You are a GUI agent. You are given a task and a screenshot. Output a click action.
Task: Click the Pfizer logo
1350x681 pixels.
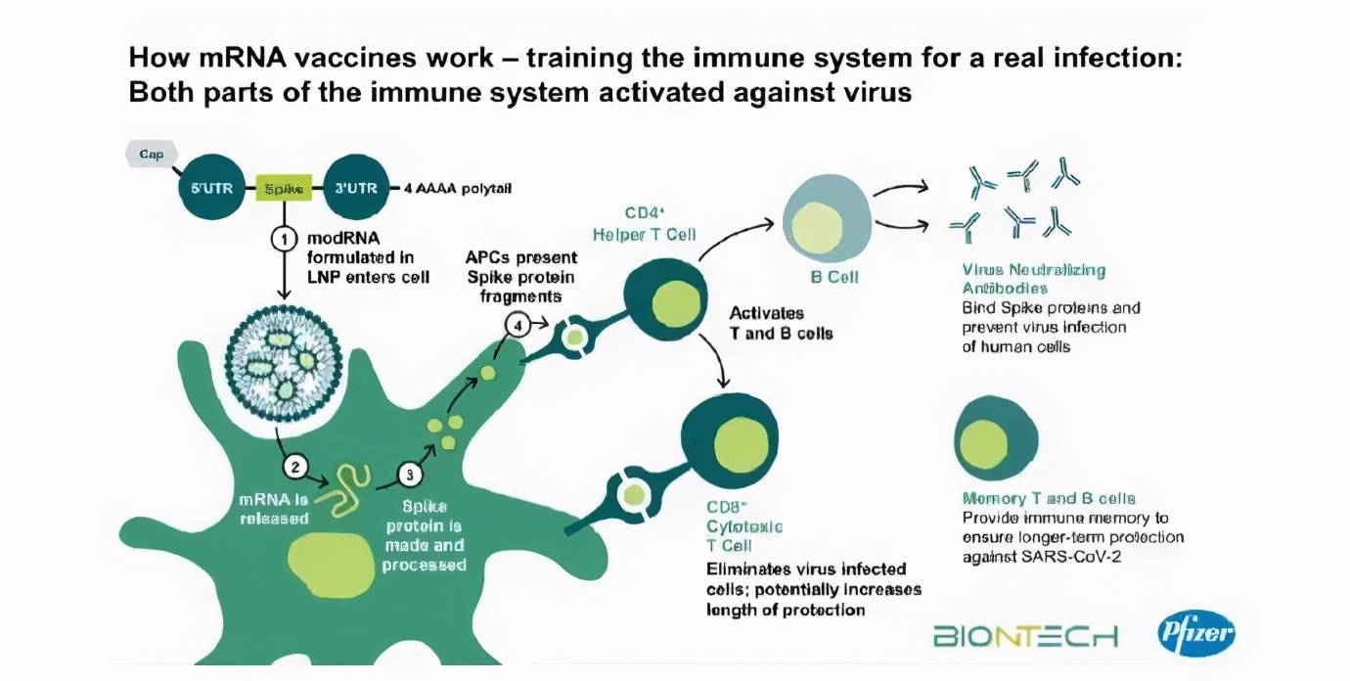tap(1195, 633)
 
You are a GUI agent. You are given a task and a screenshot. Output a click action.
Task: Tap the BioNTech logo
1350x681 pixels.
tap(1025, 637)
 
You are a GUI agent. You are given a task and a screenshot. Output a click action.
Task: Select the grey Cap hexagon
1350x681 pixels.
tap(151, 154)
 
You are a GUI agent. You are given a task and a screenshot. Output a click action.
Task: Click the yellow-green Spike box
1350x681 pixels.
tap(284, 187)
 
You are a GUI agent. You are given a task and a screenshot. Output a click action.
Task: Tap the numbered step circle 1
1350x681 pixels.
tap(284, 238)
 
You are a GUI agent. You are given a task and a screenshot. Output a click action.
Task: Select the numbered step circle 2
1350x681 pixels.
tap(295, 467)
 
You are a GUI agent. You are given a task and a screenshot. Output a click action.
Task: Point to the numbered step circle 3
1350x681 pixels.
tap(410, 475)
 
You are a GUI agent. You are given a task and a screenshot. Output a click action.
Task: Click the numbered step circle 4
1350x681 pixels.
tap(518, 325)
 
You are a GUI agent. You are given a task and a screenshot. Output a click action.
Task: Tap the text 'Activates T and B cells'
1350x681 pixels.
tap(781, 323)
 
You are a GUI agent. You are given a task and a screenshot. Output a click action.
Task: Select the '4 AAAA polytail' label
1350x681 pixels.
tap(458, 188)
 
